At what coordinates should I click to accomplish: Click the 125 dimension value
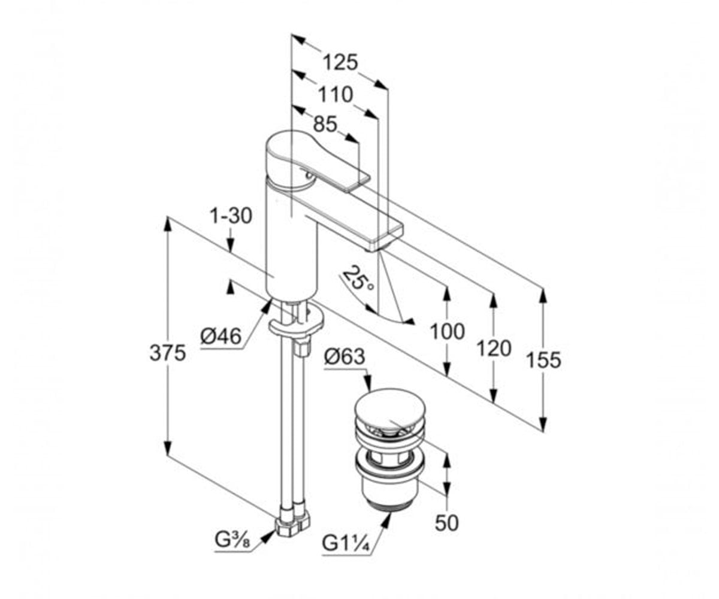coord(340,63)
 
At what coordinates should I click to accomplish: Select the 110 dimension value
coord(336,95)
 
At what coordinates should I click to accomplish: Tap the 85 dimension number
coord(325,124)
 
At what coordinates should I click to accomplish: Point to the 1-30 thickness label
coord(231,216)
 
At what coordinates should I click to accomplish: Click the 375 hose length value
coord(168,353)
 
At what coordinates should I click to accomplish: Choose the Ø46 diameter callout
coord(220,336)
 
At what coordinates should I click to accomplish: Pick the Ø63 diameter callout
coord(344,356)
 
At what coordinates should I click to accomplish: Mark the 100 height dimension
coord(448,331)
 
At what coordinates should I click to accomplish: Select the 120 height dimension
coord(494,349)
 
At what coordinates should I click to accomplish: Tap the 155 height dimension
coord(543,360)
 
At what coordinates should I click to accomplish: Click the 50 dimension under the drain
coord(446,523)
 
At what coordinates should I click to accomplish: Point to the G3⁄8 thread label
coord(232,540)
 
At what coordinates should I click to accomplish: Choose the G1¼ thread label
coord(346,543)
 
